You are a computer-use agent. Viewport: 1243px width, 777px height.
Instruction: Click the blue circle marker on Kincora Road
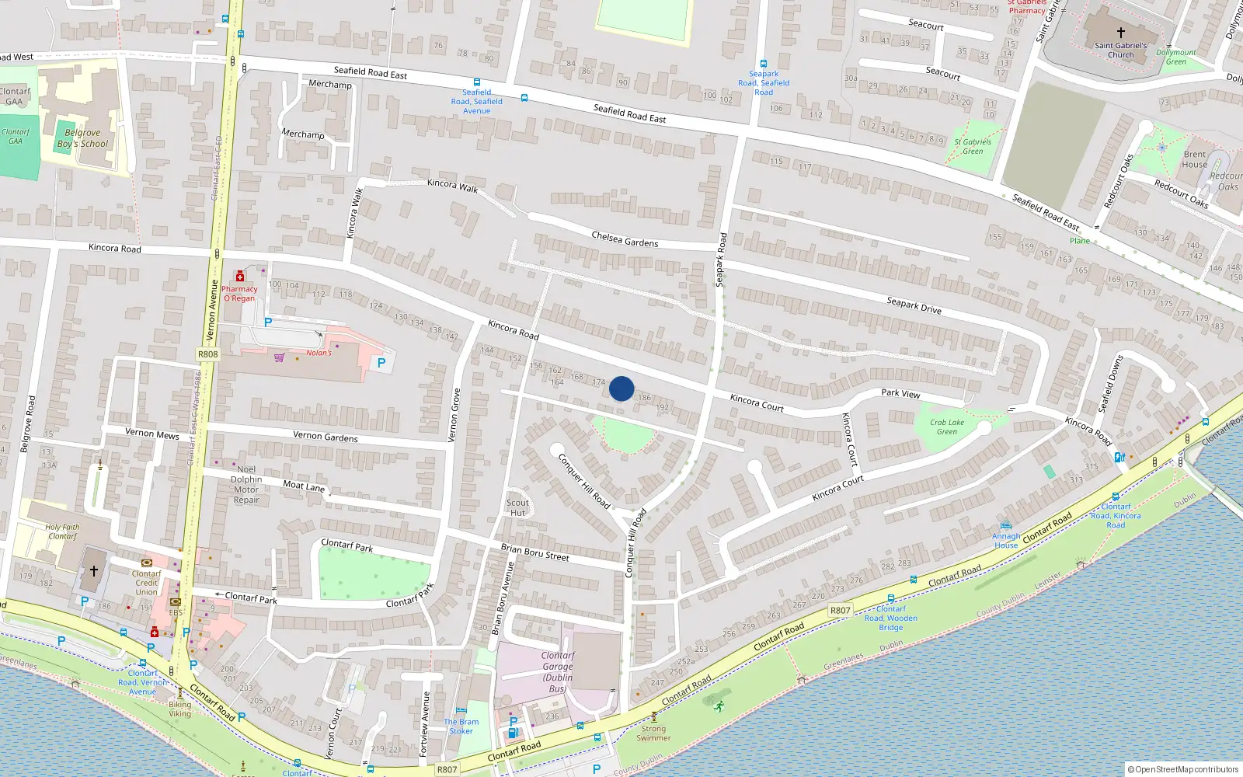click(x=621, y=388)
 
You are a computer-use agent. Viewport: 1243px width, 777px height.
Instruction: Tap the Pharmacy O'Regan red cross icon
click(x=240, y=277)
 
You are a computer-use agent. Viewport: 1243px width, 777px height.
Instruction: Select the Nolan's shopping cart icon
click(x=279, y=357)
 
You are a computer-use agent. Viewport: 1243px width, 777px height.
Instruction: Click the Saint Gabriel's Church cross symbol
click(x=1120, y=33)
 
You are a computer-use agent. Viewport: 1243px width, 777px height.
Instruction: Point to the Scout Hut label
click(x=517, y=507)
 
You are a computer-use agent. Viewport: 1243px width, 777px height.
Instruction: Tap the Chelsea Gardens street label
click(x=625, y=239)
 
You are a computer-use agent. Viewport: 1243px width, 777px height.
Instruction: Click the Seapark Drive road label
click(x=914, y=305)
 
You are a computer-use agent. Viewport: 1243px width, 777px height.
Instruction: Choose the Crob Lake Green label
click(x=947, y=427)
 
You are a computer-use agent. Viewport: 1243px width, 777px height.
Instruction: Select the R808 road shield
click(x=207, y=354)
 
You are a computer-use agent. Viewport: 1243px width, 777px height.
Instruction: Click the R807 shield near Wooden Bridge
click(x=840, y=610)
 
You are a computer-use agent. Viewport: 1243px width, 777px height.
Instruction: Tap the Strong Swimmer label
click(x=653, y=733)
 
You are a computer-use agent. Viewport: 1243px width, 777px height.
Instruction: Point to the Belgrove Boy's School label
click(x=82, y=138)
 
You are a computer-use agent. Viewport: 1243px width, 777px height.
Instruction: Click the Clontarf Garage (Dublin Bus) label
click(x=558, y=671)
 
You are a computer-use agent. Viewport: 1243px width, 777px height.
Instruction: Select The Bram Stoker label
click(x=461, y=726)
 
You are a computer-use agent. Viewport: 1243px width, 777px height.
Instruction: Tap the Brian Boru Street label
click(x=534, y=552)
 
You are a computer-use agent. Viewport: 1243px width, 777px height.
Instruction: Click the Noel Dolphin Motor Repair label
click(x=246, y=484)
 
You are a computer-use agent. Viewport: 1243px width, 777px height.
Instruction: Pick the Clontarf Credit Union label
click(x=146, y=583)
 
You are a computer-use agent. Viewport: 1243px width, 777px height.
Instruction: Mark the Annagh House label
click(x=1006, y=540)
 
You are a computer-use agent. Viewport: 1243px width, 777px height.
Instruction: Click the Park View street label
click(x=900, y=393)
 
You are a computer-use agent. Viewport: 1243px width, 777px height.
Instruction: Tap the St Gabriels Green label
click(x=973, y=146)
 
